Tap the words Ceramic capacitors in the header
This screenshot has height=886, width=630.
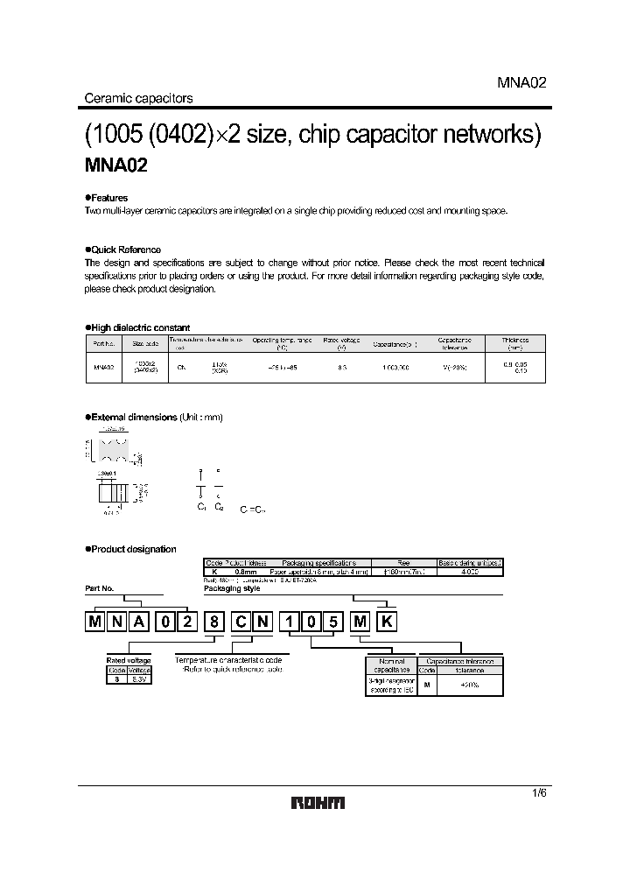pos(137,98)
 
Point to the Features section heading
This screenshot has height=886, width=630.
pos(107,199)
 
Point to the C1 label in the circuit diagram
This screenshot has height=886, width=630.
pos(200,507)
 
